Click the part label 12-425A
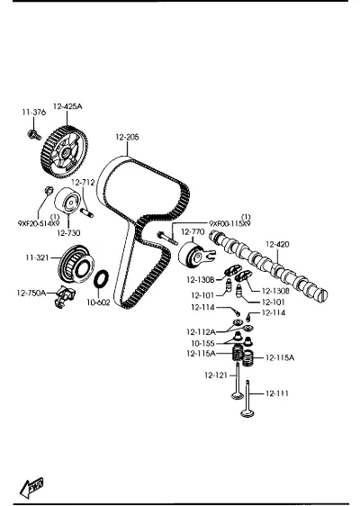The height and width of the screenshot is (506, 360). (x=67, y=106)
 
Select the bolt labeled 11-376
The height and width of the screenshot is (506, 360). (x=34, y=134)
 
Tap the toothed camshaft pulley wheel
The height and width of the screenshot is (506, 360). (x=64, y=152)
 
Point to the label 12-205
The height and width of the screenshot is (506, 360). (x=127, y=137)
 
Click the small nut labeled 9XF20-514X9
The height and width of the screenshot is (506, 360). (x=49, y=190)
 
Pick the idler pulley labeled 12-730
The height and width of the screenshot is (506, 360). (x=68, y=200)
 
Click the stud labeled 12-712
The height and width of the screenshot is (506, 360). (x=87, y=212)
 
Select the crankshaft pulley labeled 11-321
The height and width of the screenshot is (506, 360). (x=76, y=265)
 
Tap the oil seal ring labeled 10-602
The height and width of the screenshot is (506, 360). (x=102, y=278)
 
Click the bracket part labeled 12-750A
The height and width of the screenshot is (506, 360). (x=65, y=296)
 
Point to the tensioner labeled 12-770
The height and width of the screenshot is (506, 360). (x=195, y=256)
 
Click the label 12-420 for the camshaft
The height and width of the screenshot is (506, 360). (x=277, y=244)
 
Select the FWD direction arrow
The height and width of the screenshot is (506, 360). (x=31, y=487)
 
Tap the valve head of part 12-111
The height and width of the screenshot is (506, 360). (x=247, y=413)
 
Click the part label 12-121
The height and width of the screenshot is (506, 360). (x=216, y=375)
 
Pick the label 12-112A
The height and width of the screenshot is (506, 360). (x=201, y=331)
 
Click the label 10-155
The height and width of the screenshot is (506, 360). (x=202, y=343)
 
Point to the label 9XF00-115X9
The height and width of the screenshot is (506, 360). (x=229, y=223)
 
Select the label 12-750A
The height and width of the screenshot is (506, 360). (x=31, y=293)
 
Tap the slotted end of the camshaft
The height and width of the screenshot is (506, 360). (x=321, y=295)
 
